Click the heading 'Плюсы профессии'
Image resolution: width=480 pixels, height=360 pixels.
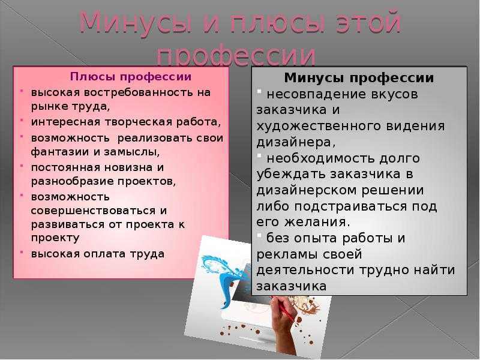pyautogui.click(x=131, y=77)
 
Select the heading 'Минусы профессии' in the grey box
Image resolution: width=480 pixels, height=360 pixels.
pyautogui.click(x=359, y=78)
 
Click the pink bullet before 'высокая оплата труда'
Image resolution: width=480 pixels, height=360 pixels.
pyautogui.click(x=22, y=253)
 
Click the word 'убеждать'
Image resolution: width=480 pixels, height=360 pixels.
pyautogui.click(x=291, y=173)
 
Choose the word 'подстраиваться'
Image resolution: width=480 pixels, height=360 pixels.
pyautogui.click(x=350, y=206)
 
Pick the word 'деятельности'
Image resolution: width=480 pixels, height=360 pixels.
pyautogui.click(x=305, y=271)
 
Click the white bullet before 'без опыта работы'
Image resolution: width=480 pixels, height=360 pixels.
pyautogui.click(x=259, y=235)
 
